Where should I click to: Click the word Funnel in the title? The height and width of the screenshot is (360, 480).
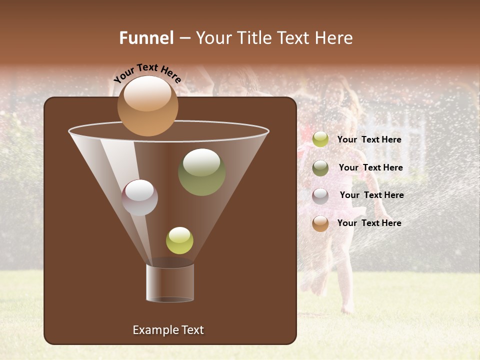146,38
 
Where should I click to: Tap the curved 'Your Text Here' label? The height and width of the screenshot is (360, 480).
147,73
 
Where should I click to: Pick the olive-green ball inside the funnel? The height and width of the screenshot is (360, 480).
201,172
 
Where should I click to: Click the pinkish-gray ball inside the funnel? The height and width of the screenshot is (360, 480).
139,197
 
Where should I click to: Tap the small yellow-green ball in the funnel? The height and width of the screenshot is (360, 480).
179,240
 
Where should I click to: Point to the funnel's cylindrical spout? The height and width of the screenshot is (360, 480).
169,282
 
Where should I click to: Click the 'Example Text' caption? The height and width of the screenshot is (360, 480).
168,330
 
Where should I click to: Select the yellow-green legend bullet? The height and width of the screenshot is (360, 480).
320,139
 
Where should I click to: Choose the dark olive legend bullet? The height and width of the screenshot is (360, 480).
320,167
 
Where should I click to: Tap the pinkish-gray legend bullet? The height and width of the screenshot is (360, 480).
320,195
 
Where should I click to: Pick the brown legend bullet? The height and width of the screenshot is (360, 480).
320,223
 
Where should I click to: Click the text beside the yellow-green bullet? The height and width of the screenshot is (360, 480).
369,139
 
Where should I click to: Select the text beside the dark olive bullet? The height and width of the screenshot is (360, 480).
370,167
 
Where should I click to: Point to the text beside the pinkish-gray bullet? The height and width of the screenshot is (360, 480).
371,195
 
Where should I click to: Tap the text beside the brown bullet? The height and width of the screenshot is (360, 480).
369,223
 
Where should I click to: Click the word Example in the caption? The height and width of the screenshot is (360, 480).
154,330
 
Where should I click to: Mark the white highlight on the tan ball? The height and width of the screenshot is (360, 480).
147,93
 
